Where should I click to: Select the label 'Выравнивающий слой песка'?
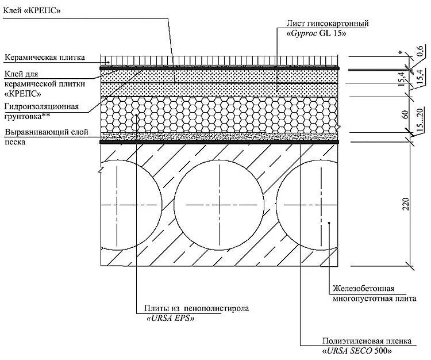46,136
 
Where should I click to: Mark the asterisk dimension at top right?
400,52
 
